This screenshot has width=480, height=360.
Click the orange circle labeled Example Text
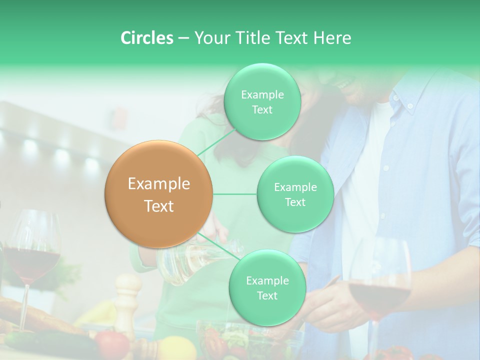(159, 194)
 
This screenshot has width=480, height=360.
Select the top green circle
(262, 102)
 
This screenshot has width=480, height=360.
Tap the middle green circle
(295, 194)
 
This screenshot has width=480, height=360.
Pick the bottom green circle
(267, 288)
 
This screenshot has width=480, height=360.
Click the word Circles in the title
(146, 38)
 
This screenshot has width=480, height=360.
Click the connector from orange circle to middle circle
(235, 194)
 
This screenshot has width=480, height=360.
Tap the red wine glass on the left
(32, 255)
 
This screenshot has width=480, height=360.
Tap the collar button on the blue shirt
(410, 106)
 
